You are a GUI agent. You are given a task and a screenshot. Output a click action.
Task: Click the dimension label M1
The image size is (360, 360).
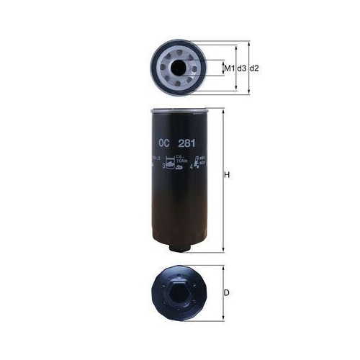point(229,68)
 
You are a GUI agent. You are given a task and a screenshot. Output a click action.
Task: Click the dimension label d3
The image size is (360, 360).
point(242,68)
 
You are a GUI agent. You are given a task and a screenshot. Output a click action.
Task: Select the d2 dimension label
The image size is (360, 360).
point(254,68)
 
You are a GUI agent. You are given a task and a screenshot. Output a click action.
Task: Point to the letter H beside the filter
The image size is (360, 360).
point(228,176)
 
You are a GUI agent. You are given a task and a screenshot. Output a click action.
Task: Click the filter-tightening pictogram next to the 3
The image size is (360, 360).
point(171,164)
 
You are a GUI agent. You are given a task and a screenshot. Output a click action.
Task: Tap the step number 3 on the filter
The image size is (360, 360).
point(164,166)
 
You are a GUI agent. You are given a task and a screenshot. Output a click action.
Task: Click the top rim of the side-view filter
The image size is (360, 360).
point(180,111)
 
